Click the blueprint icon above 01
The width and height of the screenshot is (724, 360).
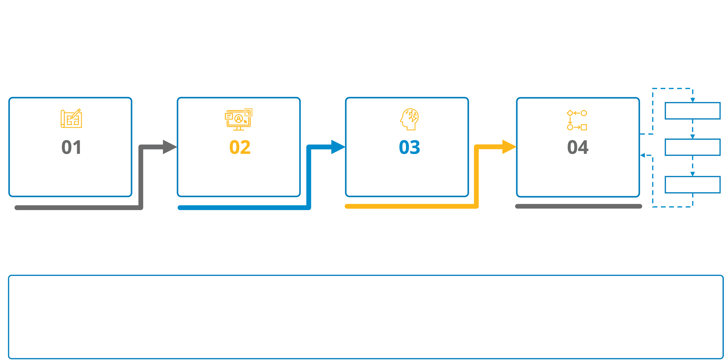point(71,118)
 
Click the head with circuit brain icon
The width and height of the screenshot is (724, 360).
point(410,119)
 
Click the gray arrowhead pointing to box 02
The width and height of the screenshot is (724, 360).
point(170,147)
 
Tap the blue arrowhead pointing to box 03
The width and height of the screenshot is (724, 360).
point(338,147)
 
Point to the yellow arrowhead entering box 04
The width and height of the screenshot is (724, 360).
point(509,147)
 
